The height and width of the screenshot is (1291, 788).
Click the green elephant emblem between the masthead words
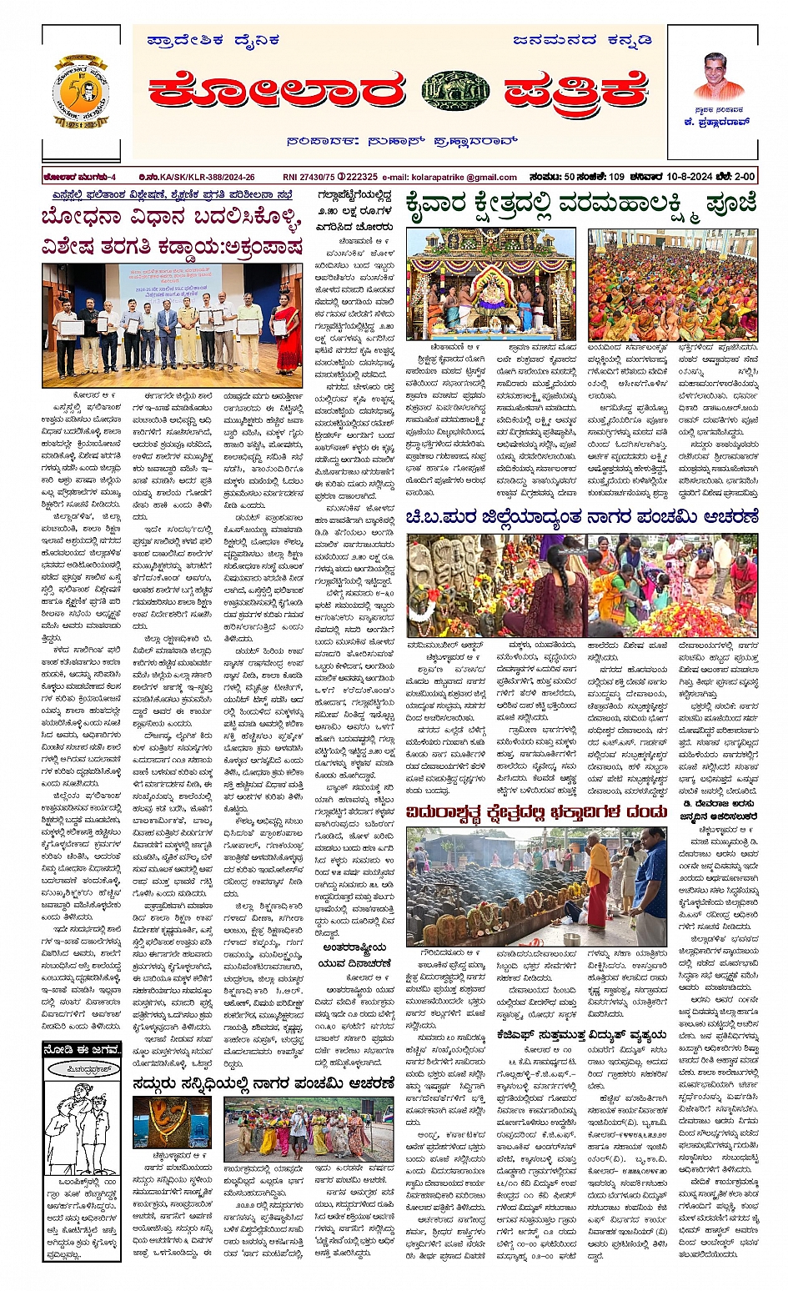coord(455,90)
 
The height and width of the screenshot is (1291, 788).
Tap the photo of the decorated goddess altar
coord(490,285)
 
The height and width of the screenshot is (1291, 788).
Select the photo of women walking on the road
coord(298,1128)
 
